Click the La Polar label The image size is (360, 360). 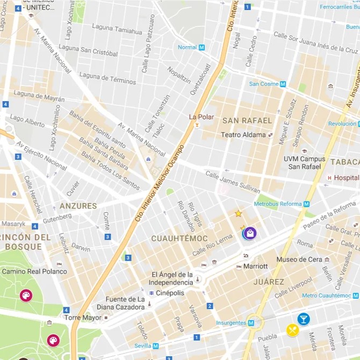pyautogui.click(x=201, y=117)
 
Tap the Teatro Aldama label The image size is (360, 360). pyautogui.click(x=243, y=135)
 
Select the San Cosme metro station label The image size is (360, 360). pyautogui.click(x=264, y=84)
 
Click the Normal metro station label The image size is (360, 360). pyautogui.click(x=188, y=47)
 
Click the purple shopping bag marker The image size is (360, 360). pyautogui.click(x=250, y=233)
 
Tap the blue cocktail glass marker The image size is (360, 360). pyautogui.click(x=304, y=319)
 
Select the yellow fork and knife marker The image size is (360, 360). pyautogui.click(x=292, y=330)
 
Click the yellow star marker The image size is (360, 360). pyautogui.click(x=238, y=213)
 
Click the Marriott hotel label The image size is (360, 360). pyautogui.click(x=255, y=266)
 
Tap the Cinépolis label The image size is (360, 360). pyautogui.click(x=169, y=293)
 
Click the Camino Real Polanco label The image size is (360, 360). pyautogui.click(x=34, y=271)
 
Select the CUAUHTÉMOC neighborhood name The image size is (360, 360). pyautogui.click(x=179, y=238)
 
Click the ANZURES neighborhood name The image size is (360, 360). pyautogui.click(x=78, y=206)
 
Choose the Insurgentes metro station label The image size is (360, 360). pyautogui.click(x=231, y=323)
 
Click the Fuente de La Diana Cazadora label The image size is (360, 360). pyautogui.click(x=121, y=303)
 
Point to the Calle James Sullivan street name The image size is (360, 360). pyautogui.click(x=233, y=183)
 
